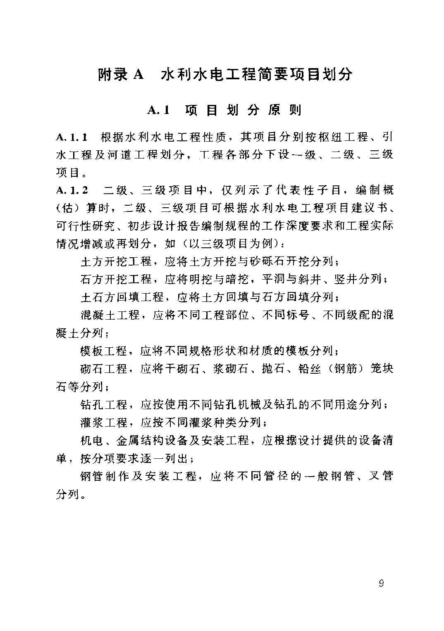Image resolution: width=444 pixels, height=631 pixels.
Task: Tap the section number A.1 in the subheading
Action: tap(159, 110)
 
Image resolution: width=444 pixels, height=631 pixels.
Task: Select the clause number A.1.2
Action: tap(72, 190)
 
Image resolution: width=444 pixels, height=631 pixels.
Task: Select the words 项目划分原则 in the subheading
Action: tap(243, 110)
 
